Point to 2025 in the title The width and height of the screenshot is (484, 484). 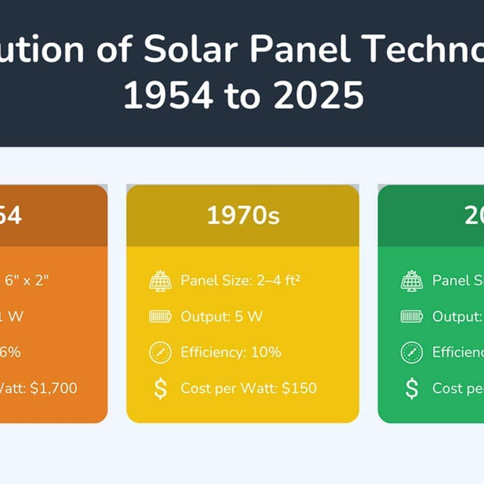click(318, 95)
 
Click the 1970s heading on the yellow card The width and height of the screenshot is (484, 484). click(243, 216)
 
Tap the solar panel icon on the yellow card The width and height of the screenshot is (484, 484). click(160, 281)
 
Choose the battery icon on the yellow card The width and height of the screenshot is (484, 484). click(160, 317)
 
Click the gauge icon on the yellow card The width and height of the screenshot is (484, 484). click(160, 352)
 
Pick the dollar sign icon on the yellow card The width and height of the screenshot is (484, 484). click(160, 389)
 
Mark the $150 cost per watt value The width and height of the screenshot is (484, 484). click(299, 389)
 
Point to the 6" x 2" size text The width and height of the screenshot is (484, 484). click(28, 281)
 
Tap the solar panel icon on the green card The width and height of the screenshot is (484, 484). click(411, 281)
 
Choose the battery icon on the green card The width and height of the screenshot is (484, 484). click(411, 317)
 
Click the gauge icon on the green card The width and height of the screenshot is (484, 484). click(411, 352)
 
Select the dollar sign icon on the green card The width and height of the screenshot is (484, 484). click(411, 389)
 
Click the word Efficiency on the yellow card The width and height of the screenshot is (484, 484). click(211, 352)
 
